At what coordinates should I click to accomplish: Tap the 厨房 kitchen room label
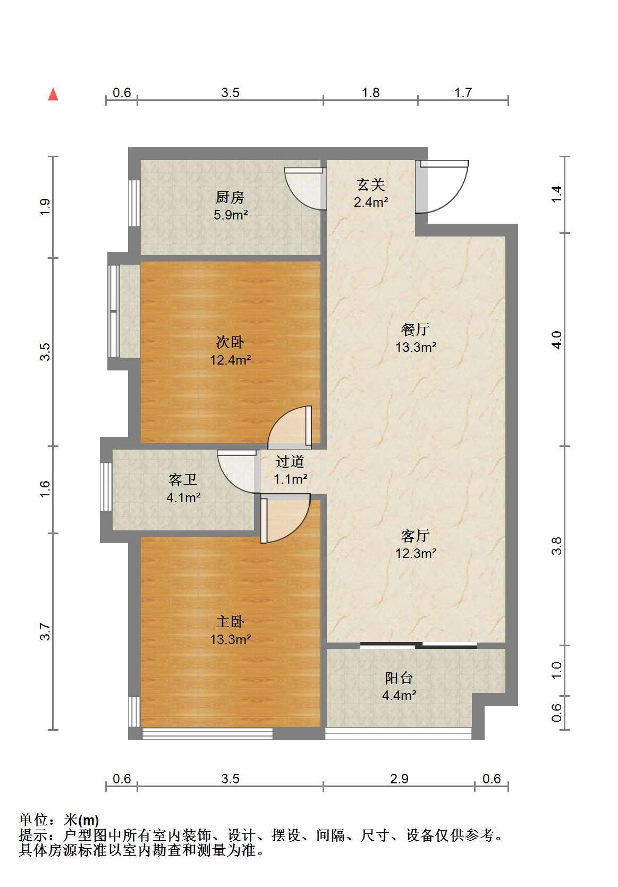point(230,197)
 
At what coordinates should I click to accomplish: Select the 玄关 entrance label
point(370,184)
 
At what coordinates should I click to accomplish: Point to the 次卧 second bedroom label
point(230,342)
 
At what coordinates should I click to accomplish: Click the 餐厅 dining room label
point(416,330)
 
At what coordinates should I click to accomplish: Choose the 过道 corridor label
point(290,461)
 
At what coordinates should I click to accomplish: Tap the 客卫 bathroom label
point(182,480)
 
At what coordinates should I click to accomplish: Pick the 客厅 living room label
point(416,536)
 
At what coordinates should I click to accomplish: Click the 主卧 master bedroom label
point(230,622)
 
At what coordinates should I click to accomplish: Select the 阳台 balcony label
point(399,678)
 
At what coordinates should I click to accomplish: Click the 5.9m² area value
point(231,215)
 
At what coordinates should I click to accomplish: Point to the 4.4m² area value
point(399,695)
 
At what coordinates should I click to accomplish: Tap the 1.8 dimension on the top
point(370,92)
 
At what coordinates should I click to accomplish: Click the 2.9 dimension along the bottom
point(399,779)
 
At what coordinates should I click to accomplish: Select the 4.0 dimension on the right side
point(557,340)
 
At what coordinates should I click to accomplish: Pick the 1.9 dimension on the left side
point(46,207)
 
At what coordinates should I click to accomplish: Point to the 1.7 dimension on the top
point(463,92)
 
